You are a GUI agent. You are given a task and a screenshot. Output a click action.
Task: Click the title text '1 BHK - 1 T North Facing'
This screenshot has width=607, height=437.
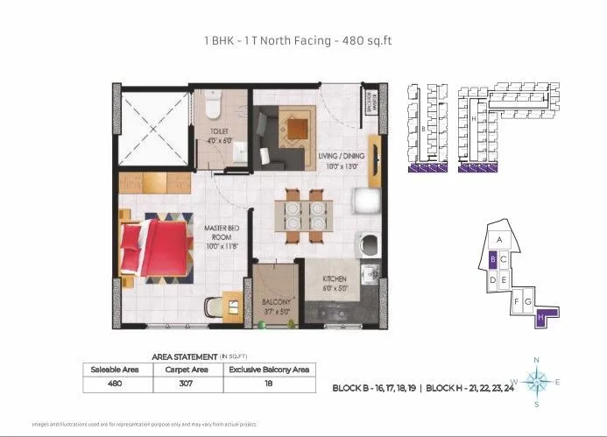click(264, 39)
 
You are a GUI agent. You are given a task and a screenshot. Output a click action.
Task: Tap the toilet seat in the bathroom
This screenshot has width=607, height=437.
click(212, 105)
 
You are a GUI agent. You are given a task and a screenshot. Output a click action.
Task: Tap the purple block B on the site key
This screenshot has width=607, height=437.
click(493, 259)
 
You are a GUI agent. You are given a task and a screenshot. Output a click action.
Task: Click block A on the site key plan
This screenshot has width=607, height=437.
click(498, 239)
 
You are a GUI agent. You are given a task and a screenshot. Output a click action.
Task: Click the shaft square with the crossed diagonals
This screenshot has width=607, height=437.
click(155, 128)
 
